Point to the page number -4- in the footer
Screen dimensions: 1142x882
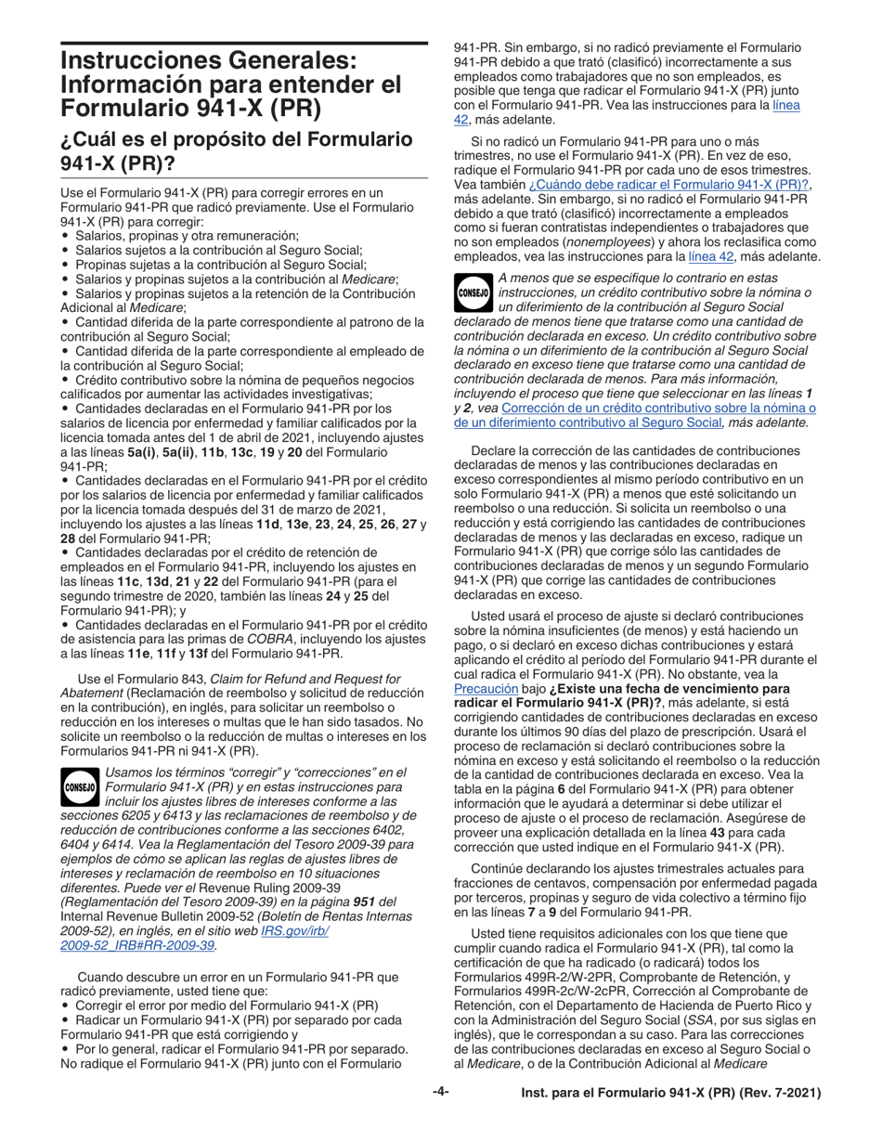(440, 1120)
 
